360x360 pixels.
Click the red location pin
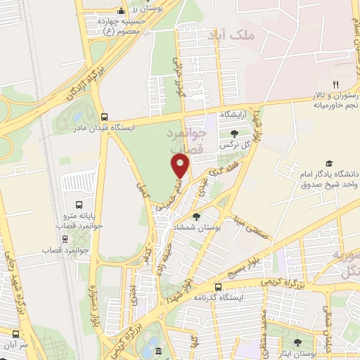(x=181, y=166)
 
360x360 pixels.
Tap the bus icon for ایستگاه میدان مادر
(x=104, y=117)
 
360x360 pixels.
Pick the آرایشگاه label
(x=236, y=113)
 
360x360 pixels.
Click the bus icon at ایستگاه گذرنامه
(x=217, y=287)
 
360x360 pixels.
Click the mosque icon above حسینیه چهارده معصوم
(x=122, y=11)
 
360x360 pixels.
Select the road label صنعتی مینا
(x=251, y=221)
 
